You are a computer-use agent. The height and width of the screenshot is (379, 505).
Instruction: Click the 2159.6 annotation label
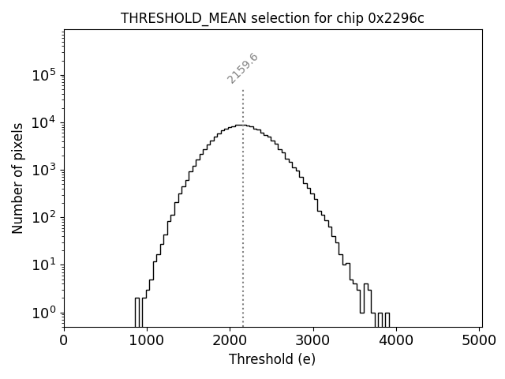click(x=243, y=69)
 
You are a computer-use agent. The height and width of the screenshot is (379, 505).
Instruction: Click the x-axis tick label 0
click(x=64, y=341)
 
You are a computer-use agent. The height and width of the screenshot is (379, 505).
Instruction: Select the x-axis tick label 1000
click(x=147, y=341)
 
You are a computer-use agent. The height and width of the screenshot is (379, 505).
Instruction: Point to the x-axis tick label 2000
click(x=230, y=341)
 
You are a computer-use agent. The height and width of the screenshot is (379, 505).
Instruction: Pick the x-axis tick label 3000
click(x=313, y=341)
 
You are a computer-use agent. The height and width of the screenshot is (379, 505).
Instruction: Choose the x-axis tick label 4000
click(x=397, y=341)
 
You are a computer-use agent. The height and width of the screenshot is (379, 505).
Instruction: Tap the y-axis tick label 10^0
click(x=44, y=313)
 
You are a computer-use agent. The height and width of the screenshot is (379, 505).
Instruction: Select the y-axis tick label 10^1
click(x=44, y=265)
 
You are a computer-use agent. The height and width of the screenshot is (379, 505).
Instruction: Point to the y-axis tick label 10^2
click(x=44, y=218)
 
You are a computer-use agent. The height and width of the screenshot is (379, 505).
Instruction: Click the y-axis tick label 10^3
click(x=44, y=171)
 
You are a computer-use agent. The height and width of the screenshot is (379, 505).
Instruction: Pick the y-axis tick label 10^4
click(x=44, y=122)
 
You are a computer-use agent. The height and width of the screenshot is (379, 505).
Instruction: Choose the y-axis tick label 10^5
click(x=44, y=75)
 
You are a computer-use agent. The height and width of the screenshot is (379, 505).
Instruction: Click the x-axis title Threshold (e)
click(x=272, y=359)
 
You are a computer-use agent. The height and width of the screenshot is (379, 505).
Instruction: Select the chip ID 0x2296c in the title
click(x=396, y=19)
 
